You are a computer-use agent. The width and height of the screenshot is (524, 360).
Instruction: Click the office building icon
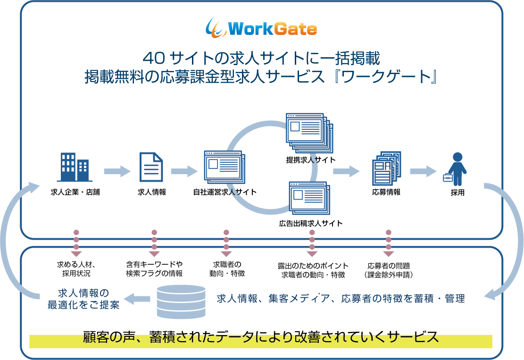tap(74, 167)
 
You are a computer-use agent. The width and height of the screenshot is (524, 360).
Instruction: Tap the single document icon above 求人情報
tap(151, 167)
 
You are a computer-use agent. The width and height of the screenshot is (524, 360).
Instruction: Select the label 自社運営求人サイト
tap(225, 192)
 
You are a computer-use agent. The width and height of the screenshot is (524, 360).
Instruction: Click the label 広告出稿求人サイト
tap(311, 223)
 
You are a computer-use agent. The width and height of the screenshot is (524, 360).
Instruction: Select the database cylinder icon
tap(181, 301)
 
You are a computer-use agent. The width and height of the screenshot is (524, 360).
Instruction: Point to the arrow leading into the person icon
tap(423, 171)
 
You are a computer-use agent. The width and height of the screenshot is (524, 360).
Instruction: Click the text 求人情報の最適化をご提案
tap(83, 299)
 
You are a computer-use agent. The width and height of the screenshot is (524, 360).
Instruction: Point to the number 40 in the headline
tap(154, 59)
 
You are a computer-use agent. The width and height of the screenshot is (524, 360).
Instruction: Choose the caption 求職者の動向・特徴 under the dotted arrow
tap(227, 269)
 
